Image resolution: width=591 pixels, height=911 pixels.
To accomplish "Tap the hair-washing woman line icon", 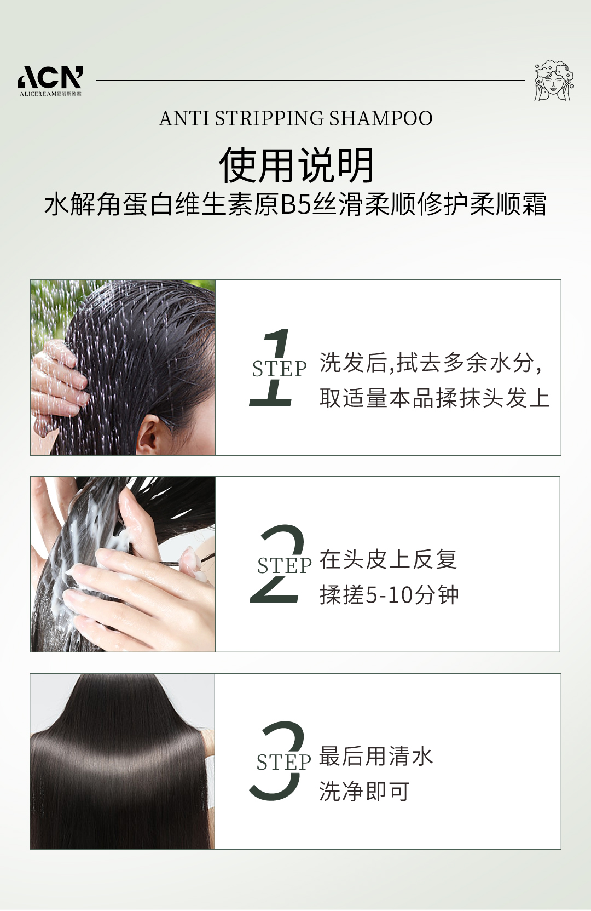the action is [554, 81].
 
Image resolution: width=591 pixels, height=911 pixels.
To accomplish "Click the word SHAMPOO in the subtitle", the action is [381, 118].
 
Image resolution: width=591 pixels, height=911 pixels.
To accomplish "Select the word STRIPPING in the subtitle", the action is [269, 118].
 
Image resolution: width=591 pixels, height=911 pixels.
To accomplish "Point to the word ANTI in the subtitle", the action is [184, 118].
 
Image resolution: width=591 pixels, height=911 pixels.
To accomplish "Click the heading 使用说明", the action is [296, 165].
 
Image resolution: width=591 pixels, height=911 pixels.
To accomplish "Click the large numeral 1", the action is [271, 367].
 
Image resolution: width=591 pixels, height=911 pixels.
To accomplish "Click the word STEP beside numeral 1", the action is [279, 369].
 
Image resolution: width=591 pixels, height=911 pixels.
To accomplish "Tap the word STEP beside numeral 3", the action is [283, 762].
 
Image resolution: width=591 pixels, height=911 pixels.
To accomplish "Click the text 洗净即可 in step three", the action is [364, 792].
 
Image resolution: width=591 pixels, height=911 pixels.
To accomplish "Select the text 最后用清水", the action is [376, 756].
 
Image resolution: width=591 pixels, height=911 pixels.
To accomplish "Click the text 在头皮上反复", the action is [389, 559].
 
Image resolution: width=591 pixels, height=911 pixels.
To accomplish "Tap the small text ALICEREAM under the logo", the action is [38, 94].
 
